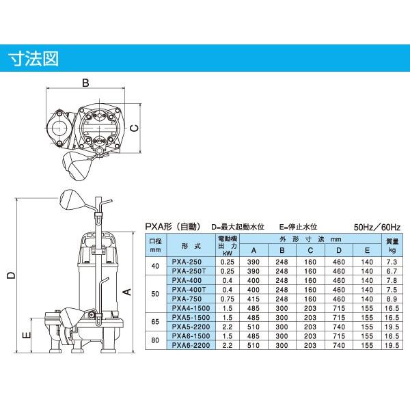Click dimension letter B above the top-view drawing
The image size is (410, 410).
85,83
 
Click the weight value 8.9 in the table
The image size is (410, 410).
391,299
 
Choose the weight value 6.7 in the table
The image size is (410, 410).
391,271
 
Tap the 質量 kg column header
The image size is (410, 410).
391,245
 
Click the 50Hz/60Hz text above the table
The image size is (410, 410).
377,226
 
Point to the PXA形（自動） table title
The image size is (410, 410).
174,226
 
